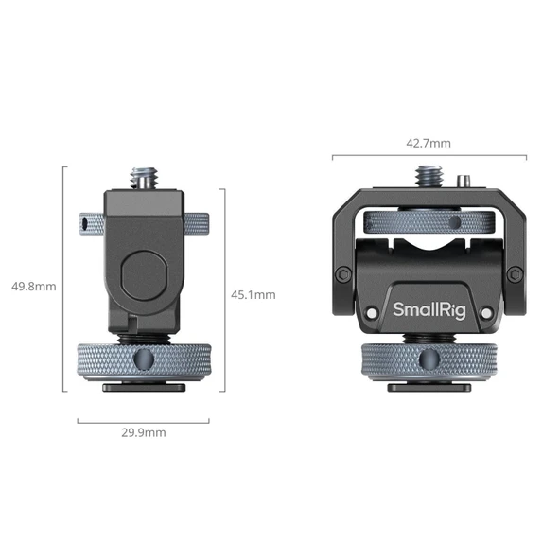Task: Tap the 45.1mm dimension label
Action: (x=253, y=294)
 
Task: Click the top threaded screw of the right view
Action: (x=425, y=176)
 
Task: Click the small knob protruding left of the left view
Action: (x=89, y=224)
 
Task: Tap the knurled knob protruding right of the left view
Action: (x=195, y=223)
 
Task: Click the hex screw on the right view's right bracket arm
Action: (x=513, y=274)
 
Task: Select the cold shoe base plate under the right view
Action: (x=428, y=383)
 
